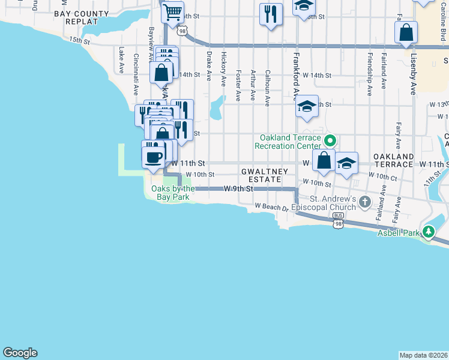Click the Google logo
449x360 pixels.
click(20, 353)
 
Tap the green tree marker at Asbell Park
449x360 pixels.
click(429, 232)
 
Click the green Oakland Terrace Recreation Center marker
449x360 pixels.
click(330, 142)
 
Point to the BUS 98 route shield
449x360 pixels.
click(339, 219)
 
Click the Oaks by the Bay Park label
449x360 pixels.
click(169, 193)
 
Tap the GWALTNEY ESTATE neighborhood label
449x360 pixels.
click(265, 175)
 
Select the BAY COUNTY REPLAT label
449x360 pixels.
click(84, 17)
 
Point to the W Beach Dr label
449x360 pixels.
click(271, 206)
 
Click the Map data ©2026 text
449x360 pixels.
click(423, 355)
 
